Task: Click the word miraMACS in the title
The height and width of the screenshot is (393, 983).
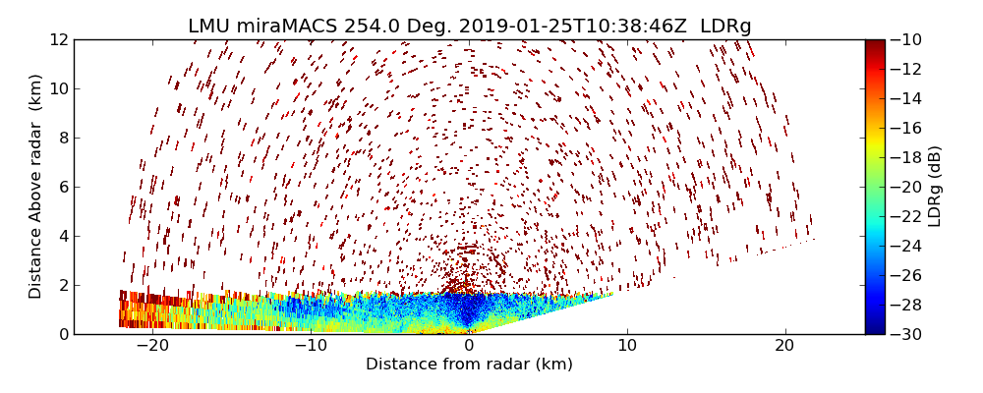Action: point(288,27)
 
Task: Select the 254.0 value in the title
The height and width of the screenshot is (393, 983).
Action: point(367,27)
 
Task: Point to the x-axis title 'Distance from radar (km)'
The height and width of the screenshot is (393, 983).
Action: point(469,365)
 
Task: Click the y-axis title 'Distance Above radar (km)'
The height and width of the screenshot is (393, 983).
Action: point(35,186)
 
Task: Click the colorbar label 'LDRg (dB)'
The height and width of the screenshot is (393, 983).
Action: point(935,186)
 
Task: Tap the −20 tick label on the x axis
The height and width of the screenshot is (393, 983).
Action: point(151,346)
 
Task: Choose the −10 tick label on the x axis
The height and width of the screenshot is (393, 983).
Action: point(310,346)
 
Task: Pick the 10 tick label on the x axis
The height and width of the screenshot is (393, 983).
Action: point(627,346)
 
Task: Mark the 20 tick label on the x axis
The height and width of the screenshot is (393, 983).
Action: point(784,346)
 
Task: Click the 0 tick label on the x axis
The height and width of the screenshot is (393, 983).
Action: point(469,346)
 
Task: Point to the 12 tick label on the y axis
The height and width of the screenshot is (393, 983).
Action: point(58,39)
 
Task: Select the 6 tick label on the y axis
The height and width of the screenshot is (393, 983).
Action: point(62,187)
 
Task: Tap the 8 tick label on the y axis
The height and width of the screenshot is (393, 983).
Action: point(62,138)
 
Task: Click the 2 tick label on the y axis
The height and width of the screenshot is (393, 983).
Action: point(62,285)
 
